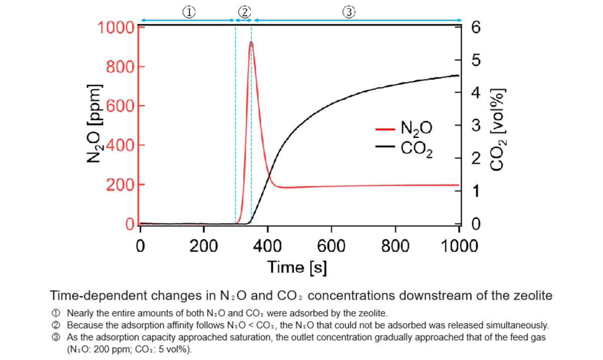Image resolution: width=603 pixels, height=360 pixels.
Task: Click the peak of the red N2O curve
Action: (251, 42)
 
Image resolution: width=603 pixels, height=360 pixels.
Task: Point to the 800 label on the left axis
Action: (119, 66)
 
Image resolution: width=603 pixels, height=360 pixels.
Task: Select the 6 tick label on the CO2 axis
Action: (476, 27)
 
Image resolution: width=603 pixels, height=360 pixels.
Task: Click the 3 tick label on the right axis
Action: (476, 125)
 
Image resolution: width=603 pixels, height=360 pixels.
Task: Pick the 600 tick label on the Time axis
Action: (332, 246)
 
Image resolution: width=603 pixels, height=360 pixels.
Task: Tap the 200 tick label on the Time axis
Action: (204, 246)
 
